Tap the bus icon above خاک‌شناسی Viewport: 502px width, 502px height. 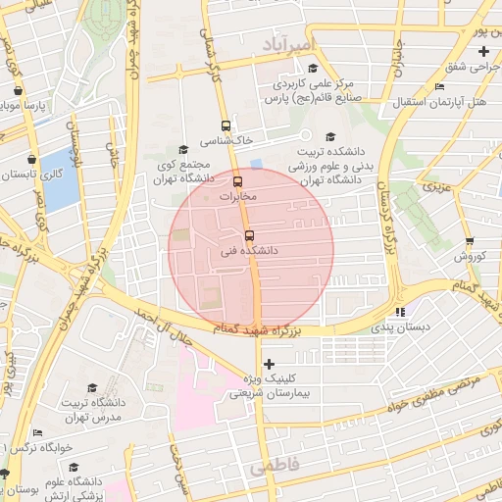226,125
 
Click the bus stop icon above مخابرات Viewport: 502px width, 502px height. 237,181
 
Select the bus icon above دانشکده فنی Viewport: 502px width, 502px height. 248,235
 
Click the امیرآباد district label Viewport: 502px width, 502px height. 291,45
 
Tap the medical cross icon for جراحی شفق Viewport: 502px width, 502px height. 482,51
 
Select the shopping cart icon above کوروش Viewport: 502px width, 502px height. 470,241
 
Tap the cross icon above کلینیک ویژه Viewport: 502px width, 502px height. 271,365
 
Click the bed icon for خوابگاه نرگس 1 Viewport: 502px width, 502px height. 37,432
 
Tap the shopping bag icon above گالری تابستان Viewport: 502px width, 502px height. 33,158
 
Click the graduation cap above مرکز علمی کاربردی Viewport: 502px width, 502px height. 313,69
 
